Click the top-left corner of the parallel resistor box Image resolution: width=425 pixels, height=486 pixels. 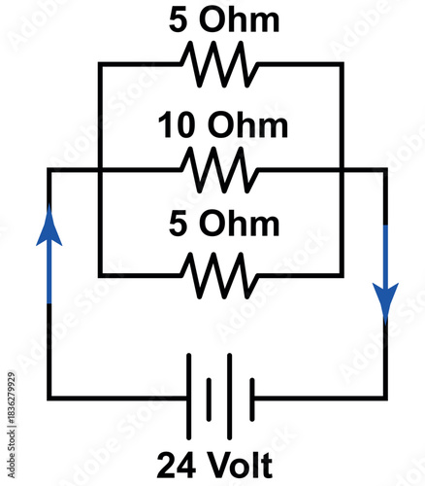point(100,65)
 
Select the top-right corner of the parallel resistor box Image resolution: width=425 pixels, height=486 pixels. point(343,65)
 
